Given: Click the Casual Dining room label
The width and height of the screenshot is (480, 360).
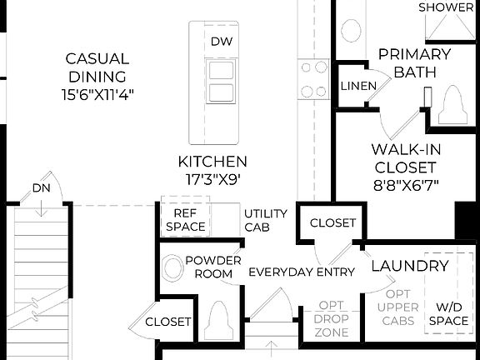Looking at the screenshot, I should [x=97, y=77].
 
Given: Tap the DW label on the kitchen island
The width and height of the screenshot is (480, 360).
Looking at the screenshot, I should [x=220, y=42].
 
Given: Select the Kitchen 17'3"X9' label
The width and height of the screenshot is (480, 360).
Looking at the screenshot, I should [x=212, y=169].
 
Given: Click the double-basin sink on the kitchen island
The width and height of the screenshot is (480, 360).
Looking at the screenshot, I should [x=220, y=81].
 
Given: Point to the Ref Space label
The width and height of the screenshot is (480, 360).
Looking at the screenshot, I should [x=185, y=219].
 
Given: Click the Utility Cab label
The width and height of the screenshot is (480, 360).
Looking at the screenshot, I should [x=266, y=220].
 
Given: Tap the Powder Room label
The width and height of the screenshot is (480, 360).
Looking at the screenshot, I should [x=212, y=267].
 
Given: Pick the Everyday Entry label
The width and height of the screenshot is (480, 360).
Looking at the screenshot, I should [x=302, y=272].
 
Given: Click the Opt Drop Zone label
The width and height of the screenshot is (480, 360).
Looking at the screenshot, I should [x=332, y=324].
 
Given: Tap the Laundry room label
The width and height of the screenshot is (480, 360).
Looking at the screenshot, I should [x=409, y=267].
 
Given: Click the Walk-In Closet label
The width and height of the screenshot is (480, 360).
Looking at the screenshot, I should [x=405, y=167].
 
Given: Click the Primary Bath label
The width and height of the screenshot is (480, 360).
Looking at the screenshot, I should [x=414, y=63].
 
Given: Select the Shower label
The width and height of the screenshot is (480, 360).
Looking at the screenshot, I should [x=446, y=7].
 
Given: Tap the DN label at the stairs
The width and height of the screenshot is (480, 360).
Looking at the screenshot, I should [x=42, y=188].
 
